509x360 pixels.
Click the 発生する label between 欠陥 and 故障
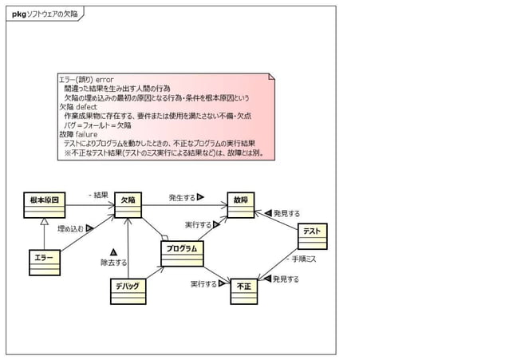[183, 197]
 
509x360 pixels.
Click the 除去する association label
[113, 262]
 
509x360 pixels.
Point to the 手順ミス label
[302, 259]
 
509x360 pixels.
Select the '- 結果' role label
[97, 195]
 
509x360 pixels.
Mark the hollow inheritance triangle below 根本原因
[45, 223]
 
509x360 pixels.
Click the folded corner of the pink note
[272, 78]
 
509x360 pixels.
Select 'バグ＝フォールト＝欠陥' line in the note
[97, 125]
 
